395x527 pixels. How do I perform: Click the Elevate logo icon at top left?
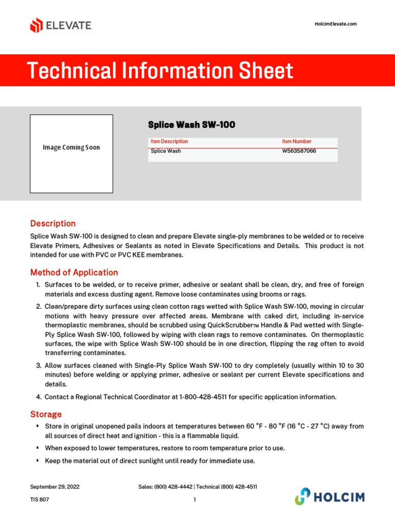pos(36,25)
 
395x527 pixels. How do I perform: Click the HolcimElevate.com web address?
pos(335,24)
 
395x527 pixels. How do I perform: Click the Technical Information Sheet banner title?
pos(160,71)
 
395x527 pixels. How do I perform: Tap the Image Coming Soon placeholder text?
pos(71,148)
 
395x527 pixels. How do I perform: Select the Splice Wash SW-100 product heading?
pos(191,125)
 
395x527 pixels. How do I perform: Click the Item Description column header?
pos(169,142)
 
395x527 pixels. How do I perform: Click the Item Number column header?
pos(296,142)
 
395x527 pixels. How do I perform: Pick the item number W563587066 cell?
pos(299,151)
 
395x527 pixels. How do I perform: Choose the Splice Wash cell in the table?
pos(166,151)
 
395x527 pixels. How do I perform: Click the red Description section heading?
pos(53,223)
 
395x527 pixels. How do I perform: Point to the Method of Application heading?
pos(74,272)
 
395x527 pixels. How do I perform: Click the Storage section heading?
pos(46,414)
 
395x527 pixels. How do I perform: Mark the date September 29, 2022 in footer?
pos(55,486)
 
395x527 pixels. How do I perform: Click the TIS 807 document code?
pos(40,499)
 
